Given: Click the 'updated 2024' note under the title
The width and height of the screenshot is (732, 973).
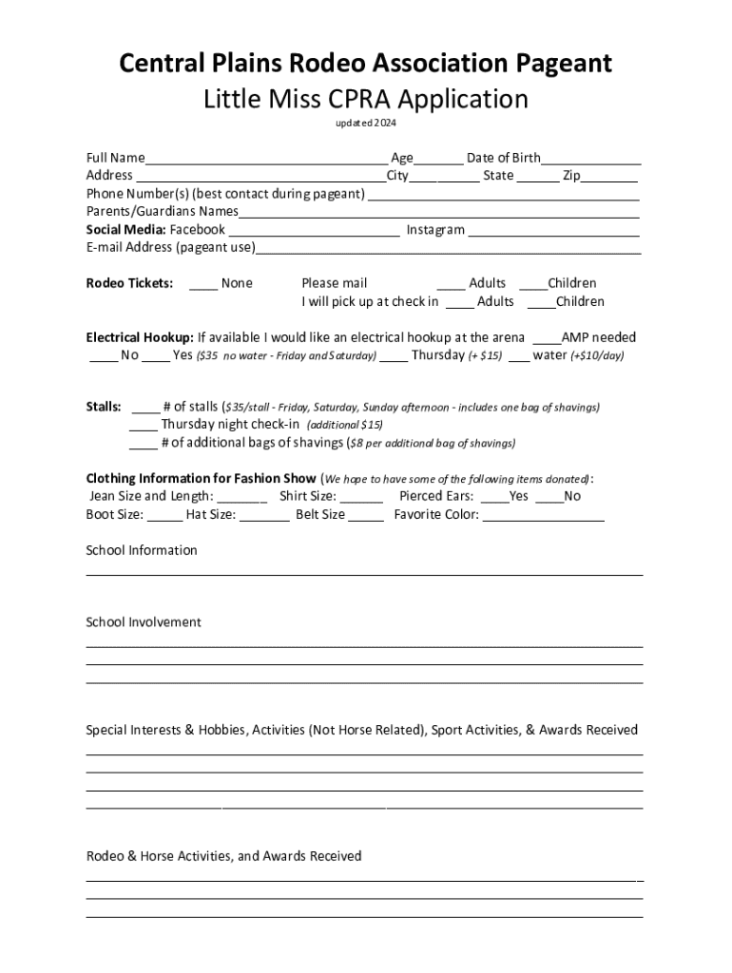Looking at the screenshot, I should (x=365, y=124).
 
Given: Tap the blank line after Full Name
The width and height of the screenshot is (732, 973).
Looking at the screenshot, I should (x=266, y=160).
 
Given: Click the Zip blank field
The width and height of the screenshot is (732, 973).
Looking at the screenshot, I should (x=609, y=177).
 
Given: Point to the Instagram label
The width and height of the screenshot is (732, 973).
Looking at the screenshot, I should (x=435, y=230).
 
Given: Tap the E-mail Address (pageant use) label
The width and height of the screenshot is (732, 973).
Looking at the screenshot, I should (x=171, y=248).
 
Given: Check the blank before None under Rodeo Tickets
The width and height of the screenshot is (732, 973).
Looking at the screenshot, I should (x=202, y=284).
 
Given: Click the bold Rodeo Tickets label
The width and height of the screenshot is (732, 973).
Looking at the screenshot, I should (x=129, y=283).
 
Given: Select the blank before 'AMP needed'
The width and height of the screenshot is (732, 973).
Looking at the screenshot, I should (x=547, y=338).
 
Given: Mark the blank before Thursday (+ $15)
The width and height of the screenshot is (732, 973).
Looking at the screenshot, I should (x=395, y=356).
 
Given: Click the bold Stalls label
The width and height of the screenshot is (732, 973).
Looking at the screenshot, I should (x=104, y=408).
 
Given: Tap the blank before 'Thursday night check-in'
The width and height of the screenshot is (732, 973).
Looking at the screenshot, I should (x=144, y=426).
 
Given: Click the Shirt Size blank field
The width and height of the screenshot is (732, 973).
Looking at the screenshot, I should (x=361, y=497).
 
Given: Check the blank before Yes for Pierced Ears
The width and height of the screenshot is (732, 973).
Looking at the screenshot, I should (x=494, y=497).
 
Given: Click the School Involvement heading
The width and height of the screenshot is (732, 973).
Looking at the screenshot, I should (x=144, y=622).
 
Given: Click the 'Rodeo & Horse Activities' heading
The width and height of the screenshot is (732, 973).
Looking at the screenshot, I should (x=223, y=856).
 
